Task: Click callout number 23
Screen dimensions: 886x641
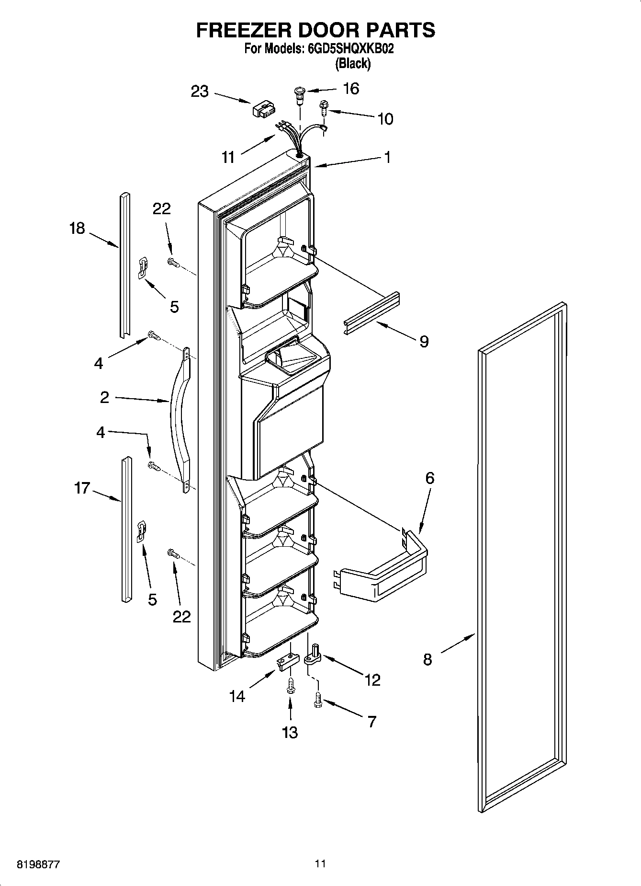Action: (200, 91)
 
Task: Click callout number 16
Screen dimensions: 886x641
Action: (351, 89)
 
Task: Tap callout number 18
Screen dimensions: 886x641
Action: (77, 228)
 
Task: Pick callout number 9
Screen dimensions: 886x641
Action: (424, 341)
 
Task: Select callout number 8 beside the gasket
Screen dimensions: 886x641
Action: (427, 659)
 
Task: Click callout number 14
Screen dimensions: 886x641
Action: (237, 696)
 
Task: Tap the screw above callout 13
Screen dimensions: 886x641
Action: (290, 687)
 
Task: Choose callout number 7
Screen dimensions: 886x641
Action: (371, 721)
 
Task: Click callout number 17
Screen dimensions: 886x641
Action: (82, 488)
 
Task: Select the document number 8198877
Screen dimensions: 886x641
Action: (38, 864)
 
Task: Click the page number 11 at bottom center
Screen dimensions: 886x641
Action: (320, 863)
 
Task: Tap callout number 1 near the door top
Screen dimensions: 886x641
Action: (387, 157)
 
